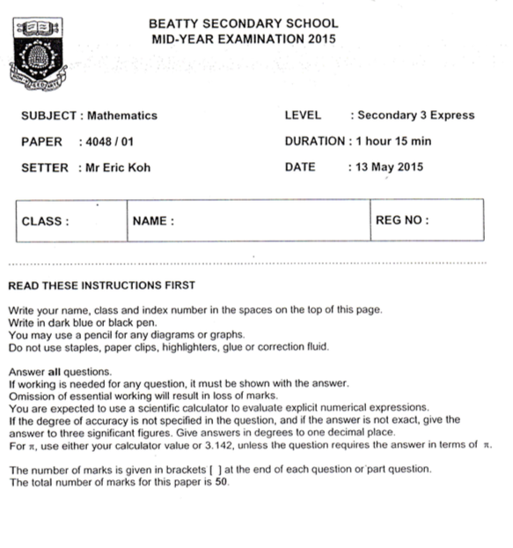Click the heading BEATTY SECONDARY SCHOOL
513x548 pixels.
[x=244, y=23]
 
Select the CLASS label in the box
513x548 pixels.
[x=44, y=222]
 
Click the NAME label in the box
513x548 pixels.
[x=153, y=222]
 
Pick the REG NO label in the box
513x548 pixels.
[x=402, y=221]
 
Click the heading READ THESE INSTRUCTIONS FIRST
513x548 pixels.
[x=100, y=286]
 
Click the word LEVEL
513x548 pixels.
[x=304, y=115]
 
